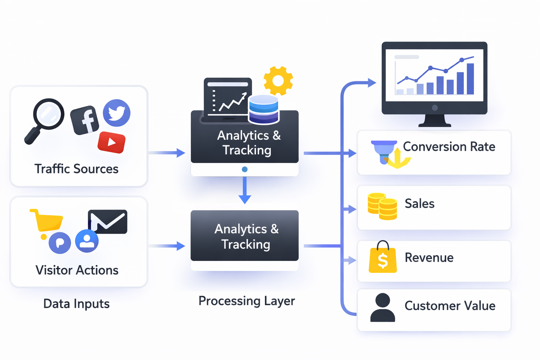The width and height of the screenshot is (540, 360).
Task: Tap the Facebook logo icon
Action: [85, 120]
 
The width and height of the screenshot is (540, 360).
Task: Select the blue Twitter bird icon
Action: [116, 113]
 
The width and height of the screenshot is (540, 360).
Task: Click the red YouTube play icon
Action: [111, 142]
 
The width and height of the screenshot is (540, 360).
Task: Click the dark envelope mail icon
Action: [108, 222]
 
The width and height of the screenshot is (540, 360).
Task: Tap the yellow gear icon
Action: [278, 81]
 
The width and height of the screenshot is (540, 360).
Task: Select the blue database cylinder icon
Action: [263, 109]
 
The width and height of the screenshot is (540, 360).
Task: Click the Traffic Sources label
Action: [76, 169]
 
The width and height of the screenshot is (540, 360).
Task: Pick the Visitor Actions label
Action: [77, 270]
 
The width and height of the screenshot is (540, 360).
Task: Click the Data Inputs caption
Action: [76, 304]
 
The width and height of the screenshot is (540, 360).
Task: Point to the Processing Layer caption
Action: [246, 301]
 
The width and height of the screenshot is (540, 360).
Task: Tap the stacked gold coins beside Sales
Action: [382, 206]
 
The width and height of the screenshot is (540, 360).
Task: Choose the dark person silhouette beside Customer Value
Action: [382, 308]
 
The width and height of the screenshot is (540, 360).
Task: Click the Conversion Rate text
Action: [449, 147]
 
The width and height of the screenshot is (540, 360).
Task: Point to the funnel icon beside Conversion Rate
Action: [384, 152]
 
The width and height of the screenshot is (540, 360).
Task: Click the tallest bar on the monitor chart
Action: [470, 79]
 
